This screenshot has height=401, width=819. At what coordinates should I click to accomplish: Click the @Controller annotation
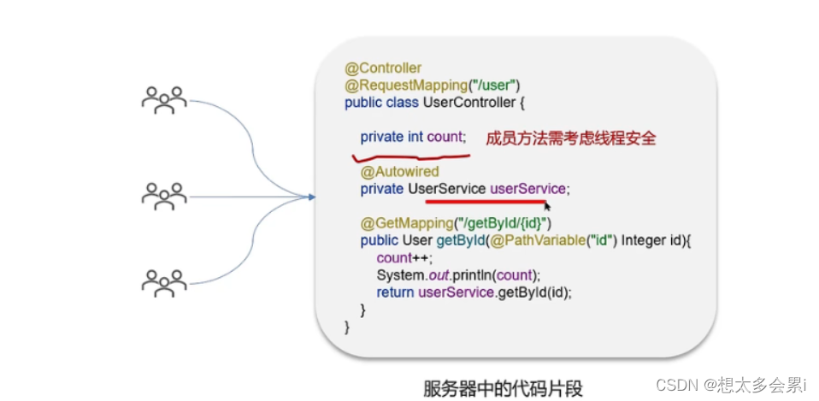tap(383, 68)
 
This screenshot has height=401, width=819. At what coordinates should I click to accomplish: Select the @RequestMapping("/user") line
tap(433, 85)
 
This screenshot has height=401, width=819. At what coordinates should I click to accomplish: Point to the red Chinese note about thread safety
tap(570, 137)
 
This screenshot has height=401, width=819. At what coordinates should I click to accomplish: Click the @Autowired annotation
tap(399, 172)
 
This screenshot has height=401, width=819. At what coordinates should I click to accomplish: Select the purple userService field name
tap(527, 189)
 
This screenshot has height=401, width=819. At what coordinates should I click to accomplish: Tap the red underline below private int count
tap(410, 157)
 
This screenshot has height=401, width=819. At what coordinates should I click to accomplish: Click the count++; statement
tap(404, 257)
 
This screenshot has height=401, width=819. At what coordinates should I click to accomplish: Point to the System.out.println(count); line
tap(459, 274)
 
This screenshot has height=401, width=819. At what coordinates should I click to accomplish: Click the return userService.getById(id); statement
tap(474, 292)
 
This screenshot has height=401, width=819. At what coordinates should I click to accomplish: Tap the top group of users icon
tap(164, 99)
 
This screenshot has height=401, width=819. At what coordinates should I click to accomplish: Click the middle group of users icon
tap(164, 196)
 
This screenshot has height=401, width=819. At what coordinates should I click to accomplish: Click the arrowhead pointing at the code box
tap(310, 198)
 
